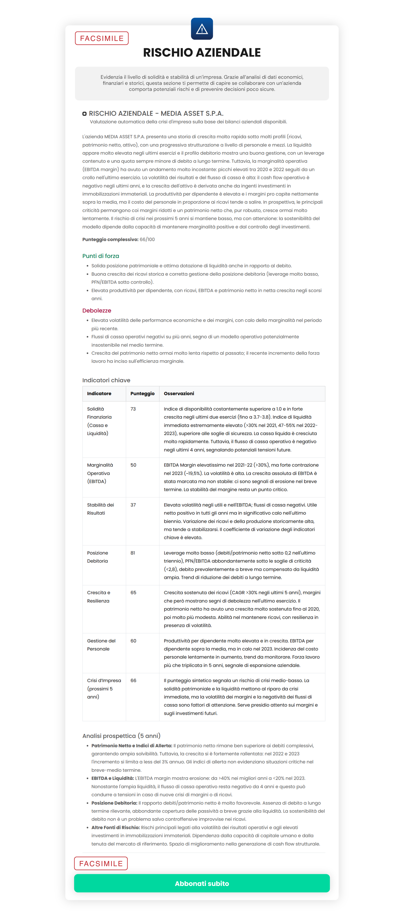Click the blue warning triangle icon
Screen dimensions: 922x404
tap(202, 29)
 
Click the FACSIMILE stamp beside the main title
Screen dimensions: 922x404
tap(102, 38)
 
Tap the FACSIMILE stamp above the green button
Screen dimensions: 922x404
tap(101, 863)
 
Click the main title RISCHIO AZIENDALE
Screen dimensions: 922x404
tap(202, 53)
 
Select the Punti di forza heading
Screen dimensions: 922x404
tap(100, 256)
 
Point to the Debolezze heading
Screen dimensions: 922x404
tap(97, 310)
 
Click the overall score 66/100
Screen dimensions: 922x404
tap(147, 239)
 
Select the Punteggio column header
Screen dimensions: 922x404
tap(142, 393)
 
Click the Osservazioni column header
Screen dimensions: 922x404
tap(179, 393)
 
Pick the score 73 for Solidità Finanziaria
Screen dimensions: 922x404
tap(133, 409)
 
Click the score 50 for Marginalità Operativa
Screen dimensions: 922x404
tap(133, 465)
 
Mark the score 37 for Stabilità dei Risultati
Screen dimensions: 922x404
tap(133, 505)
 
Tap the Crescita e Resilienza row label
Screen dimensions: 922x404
tap(98, 597)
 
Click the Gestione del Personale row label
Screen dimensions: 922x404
tap(101, 645)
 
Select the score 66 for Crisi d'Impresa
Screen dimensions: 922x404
tap(133, 681)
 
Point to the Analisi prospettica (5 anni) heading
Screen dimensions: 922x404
tap(121, 736)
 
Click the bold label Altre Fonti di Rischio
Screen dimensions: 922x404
tap(115, 827)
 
